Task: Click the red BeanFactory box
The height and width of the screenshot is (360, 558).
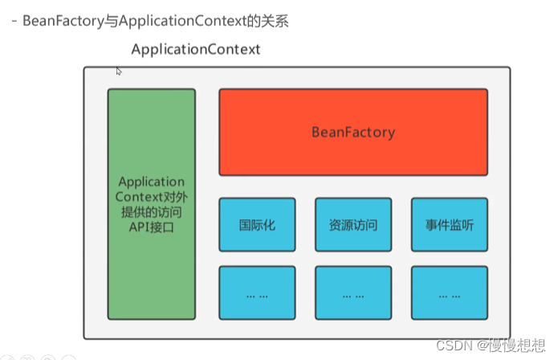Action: [352, 132]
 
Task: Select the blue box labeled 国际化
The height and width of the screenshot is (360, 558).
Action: [257, 225]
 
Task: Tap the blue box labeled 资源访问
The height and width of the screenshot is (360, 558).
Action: [352, 225]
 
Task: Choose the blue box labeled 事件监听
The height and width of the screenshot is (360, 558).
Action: [449, 225]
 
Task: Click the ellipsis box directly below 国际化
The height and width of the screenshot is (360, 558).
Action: [257, 294]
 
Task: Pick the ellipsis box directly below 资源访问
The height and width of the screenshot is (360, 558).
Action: [352, 294]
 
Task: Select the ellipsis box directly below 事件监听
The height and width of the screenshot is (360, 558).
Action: [449, 294]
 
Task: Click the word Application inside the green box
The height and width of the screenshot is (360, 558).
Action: [151, 182]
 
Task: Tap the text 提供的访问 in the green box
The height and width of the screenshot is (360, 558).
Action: [151, 213]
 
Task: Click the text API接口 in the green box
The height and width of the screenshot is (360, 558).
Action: [151, 228]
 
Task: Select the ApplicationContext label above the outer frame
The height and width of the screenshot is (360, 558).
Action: [195, 49]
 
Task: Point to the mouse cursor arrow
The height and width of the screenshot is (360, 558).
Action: [119, 72]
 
